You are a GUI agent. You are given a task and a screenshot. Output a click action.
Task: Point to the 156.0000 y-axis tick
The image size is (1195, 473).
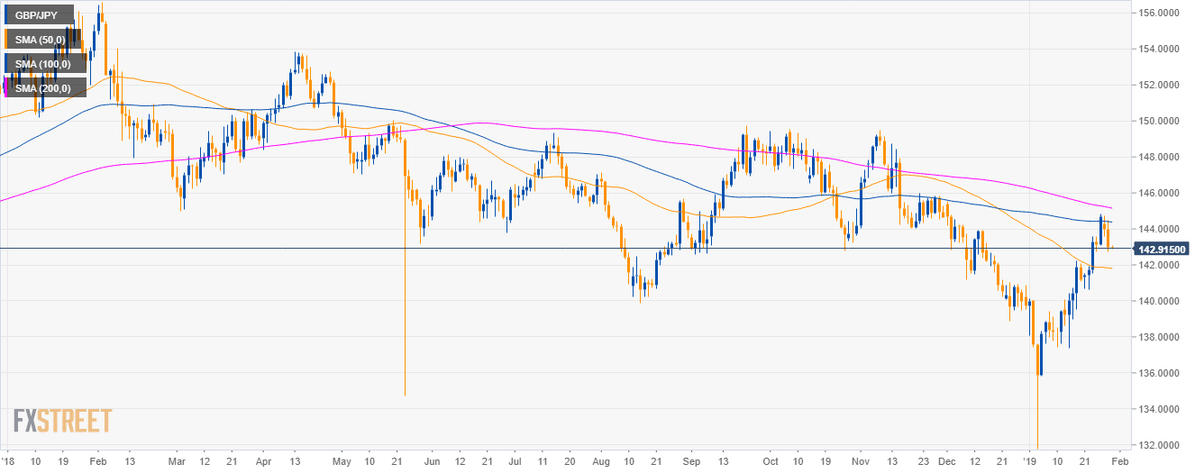pyautogui.click(x=1160, y=13)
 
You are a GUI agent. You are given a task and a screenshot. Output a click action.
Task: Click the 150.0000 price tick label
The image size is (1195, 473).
pyautogui.click(x=1160, y=121)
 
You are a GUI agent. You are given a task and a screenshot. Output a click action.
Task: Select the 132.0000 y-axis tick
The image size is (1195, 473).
pyautogui.click(x=1160, y=445)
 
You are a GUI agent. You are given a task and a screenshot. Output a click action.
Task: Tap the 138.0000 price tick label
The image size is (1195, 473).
pyautogui.click(x=1160, y=337)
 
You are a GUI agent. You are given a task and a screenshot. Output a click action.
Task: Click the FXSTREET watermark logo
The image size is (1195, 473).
pyautogui.click(x=63, y=421)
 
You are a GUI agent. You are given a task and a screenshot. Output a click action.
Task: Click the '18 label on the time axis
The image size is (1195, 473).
pyautogui.click(x=9, y=459)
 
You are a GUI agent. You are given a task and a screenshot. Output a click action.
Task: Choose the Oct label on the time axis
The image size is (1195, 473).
pyautogui.click(x=770, y=459)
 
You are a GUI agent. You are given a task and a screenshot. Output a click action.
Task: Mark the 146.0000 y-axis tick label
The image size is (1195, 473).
pyautogui.click(x=1160, y=193)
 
